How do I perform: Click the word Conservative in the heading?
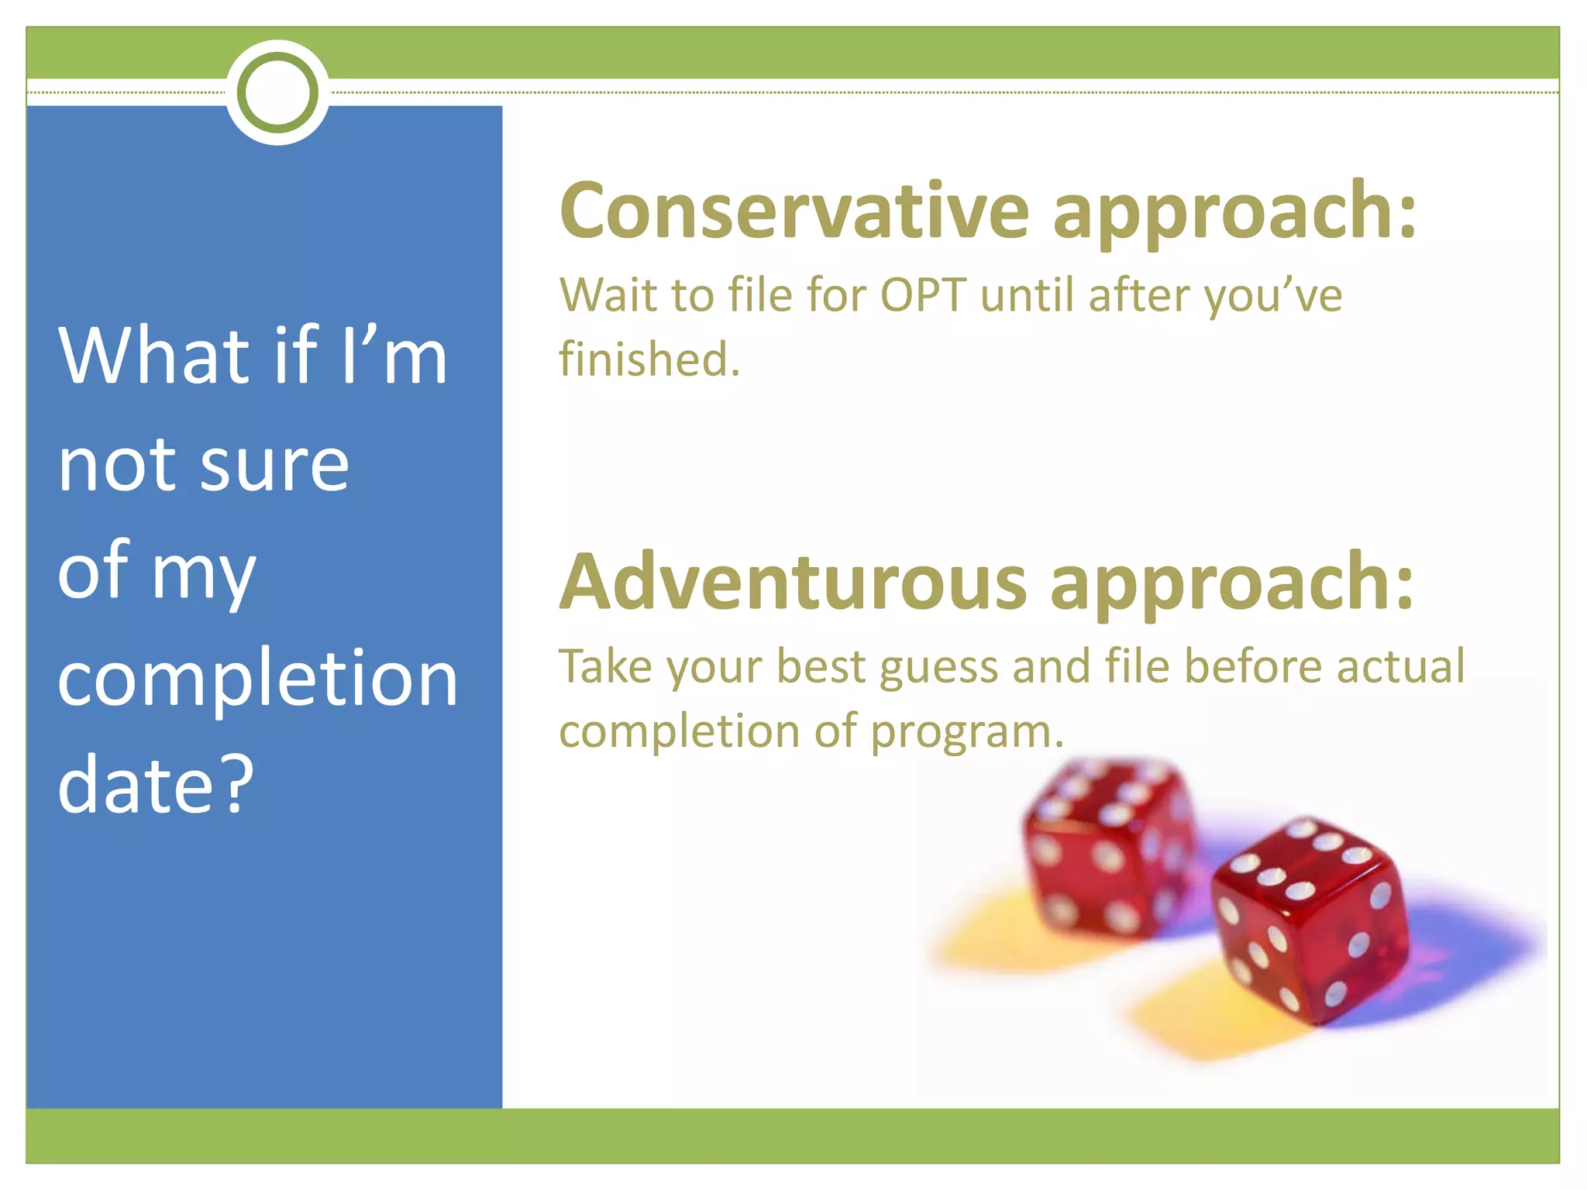click(x=794, y=211)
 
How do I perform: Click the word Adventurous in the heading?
click(x=793, y=583)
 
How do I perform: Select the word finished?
click(x=649, y=359)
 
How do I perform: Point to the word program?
click(x=967, y=732)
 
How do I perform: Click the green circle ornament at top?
click(x=277, y=92)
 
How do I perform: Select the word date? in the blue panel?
click(x=155, y=784)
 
